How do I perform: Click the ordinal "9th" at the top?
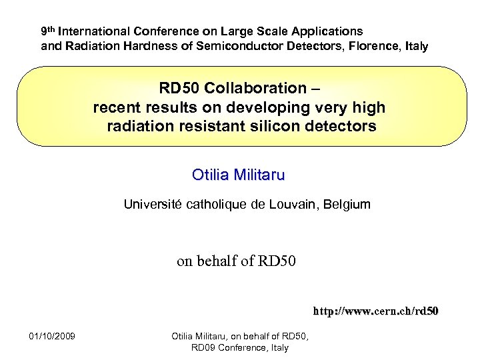(x=48, y=31)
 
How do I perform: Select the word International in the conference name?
(x=94, y=31)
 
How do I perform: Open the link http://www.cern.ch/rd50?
(x=376, y=311)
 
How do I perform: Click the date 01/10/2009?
(x=53, y=335)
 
